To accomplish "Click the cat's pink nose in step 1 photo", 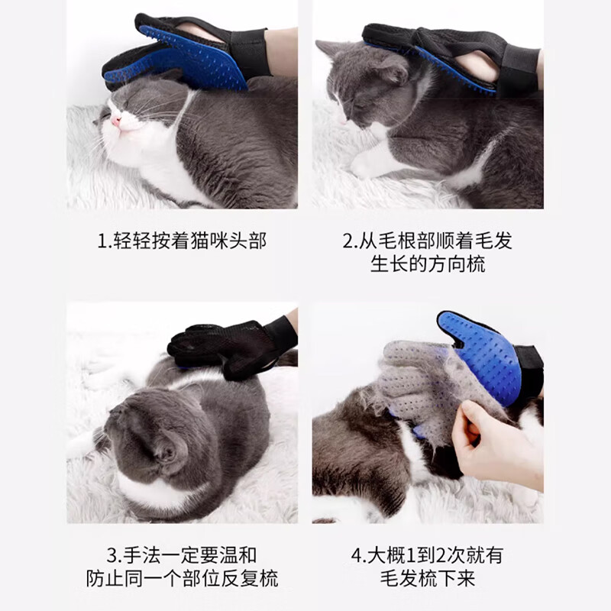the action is (x=116, y=120).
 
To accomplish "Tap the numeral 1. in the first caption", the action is (x=105, y=241).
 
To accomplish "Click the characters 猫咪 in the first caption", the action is (x=209, y=241).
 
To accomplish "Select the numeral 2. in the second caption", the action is (x=351, y=241).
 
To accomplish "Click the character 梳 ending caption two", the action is (x=476, y=264).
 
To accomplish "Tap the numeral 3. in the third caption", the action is (x=115, y=555).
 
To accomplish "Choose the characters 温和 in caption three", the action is (x=238, y=555).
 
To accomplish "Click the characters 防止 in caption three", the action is (x=105, y=578).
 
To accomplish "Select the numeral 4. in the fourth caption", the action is (x=359, y=555).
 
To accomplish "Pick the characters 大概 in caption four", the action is (x=386, y=555).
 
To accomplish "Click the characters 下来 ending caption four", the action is (x=456, y=578).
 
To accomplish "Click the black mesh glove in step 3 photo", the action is (x=232, y=348).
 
